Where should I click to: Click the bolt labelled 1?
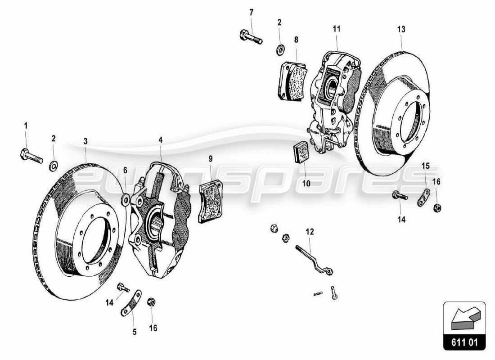pyautogui.click(x=31, y=156)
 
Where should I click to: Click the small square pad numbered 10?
pyautogui.click(x=300, y=152)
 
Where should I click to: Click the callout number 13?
pyautogui.click(x=401, y=29)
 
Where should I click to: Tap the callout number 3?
pyautogui.click(x=85, y=141)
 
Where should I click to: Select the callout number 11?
pyautogui.click(x=337, y=29)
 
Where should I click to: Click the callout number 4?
pyautogui.click(x=160, y=140)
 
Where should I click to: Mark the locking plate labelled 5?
pyautogui.click(x=130, y=304)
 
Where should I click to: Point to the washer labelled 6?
pyautogui.click(x=126, y=198)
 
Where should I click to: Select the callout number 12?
pyautogui.click(x=310, y=232)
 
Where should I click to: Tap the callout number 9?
pyautogui.click(x=210, y=158)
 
